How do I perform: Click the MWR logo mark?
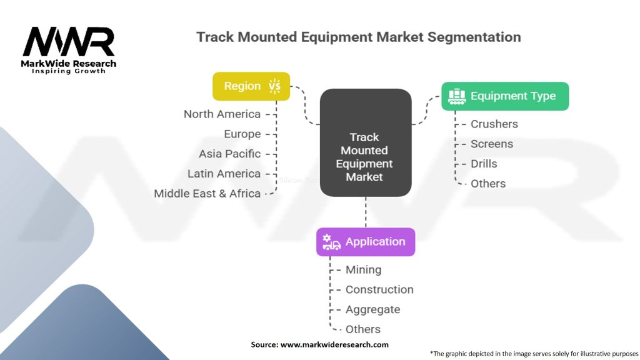coord(69,42)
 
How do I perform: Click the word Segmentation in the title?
coord(474,37)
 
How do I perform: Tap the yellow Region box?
coord(251,86)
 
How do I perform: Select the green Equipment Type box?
coord(505,96)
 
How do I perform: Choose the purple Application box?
coord(366,242)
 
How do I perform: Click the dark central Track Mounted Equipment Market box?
coord(365,142)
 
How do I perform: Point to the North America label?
coord(222,114)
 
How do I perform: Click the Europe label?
coord(242,134)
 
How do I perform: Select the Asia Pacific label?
coord(229,154)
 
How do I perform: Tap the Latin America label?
coord(224,174)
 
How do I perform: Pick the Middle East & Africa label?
coord(207,194)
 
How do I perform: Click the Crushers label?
coord(494,124)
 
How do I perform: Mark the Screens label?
coord(492,144)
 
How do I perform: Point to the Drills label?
coord(484,164)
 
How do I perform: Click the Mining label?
coord(363,270)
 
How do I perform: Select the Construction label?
coord(379,290)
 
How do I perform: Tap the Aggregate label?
coord(372,310)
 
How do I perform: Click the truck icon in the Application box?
coord(331,242)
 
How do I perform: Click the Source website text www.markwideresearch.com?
coord(334,344)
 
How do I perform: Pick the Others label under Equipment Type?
coord(488,184)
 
